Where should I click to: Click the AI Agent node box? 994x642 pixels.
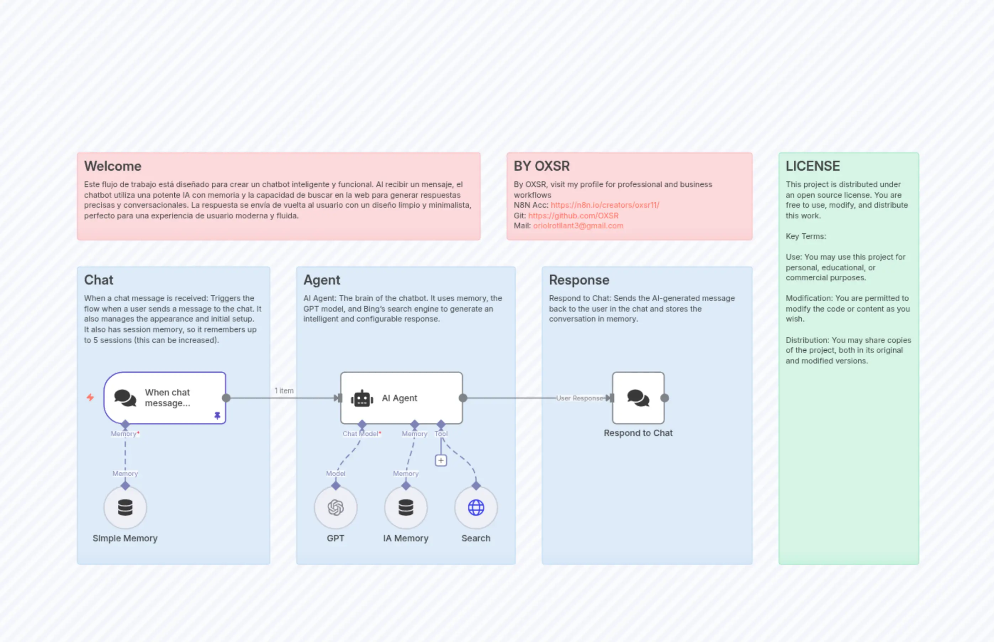(401, 398)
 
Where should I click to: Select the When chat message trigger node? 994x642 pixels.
(165, 398)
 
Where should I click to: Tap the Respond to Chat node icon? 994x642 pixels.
(638, 398)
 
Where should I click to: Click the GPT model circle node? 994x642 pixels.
(335, 507)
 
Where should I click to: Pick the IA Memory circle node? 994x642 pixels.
(406, 507)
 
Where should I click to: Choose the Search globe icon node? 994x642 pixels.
(476, 507)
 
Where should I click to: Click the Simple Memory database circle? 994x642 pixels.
(125, 507)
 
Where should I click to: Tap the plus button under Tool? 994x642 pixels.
(441, 460)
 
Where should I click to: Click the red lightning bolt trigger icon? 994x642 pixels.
(90, 397)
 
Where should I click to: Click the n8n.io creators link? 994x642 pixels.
(604, 205)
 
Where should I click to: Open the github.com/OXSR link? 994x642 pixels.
(573, 216)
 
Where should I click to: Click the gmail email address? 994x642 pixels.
(578, 226)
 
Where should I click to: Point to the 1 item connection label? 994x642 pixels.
(284, 391)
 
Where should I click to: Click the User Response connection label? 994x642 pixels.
(580, 398)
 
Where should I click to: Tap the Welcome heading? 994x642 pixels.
(112, 166)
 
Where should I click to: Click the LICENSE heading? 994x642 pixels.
(813, 166)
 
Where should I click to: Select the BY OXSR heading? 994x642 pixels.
(541, 166)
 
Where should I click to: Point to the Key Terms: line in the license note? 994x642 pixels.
(805, 237)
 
